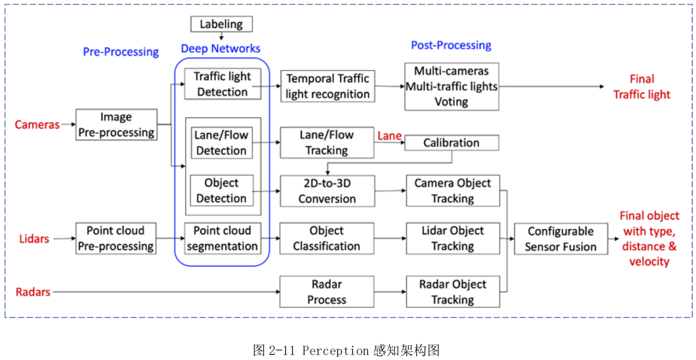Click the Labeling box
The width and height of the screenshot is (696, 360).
click(221, 24)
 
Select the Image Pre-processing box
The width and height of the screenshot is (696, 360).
click(116, 125)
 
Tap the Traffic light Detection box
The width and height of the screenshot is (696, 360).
click(222, 84)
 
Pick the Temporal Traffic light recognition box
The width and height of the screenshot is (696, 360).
click(327, 86)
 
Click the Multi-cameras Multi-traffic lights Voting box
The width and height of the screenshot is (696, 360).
click(451, 86)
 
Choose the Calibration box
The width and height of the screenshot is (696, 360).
click(451, 143)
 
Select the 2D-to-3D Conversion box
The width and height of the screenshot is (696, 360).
click(327, 191)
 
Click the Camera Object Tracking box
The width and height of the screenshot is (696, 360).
click(452, 191)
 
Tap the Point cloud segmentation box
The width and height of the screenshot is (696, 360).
click(222, 238)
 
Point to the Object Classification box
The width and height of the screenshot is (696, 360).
click(327, 238)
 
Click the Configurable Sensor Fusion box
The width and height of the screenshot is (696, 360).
click(560, 239)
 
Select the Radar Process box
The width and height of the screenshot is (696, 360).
click(327, 292)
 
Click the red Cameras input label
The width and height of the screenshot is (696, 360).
click(37, 125)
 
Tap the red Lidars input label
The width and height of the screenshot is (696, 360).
click(34, 239)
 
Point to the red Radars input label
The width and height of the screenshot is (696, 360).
click(33, 292)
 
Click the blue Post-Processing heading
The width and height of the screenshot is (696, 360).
click(451, 45)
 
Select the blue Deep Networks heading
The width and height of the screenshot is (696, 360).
click(220, 48)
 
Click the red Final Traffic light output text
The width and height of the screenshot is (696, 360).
click(641, 87)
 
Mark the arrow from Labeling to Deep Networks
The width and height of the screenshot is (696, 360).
click(221, 36)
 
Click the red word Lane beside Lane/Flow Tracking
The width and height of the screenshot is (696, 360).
click(389, 136)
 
